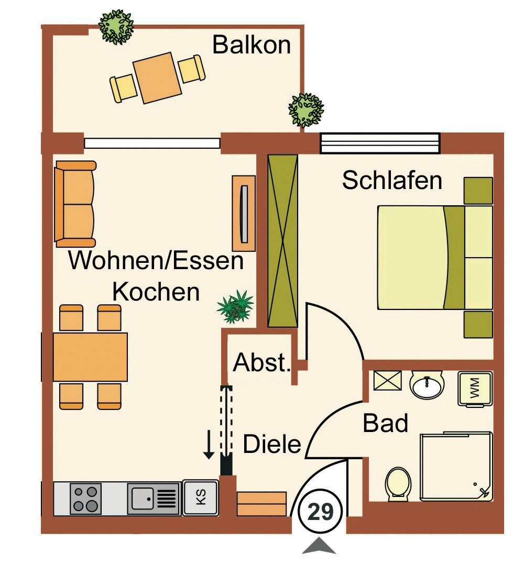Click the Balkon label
[251, 45]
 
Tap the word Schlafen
[392, 181]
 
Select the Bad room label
[385, 423]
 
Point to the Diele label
[272, 445]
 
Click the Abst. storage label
[261, 362]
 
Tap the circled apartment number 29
[320, 512]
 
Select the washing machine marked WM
[475, 389]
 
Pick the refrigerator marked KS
[200, 497]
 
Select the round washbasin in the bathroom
[427, 386]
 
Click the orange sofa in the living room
[75, 204]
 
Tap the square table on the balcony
[156, 78]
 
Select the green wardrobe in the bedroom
[282, 240]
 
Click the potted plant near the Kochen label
[236, 306]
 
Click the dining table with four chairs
[90, 357]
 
